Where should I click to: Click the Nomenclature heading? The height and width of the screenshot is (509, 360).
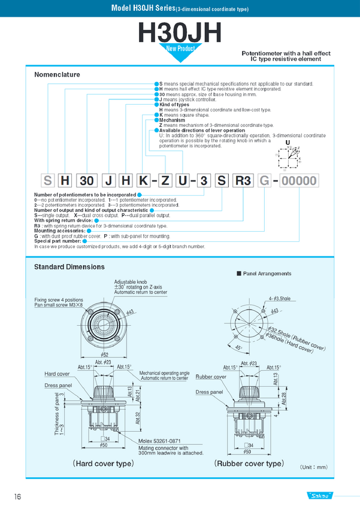coord(57,75)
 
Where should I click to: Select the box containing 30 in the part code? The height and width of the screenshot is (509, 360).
coord(86,181)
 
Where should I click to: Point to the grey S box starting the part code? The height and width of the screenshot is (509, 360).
coord(47,181)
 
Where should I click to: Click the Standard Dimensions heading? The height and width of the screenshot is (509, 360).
coord(69,266)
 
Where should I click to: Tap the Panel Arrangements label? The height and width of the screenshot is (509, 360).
coord(267,274)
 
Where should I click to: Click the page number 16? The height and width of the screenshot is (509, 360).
coord(19,496)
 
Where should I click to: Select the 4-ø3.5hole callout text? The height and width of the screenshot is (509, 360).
coord(279,298)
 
